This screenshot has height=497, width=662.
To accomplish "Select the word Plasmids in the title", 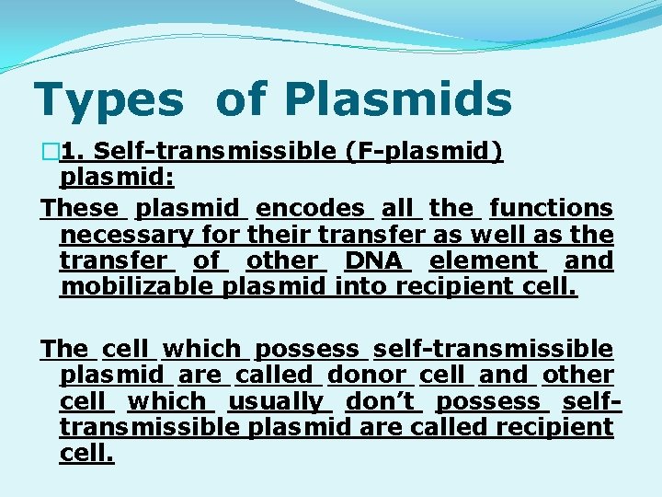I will (x=397, y=100).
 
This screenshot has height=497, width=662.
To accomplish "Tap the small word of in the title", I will (x=246, y=100).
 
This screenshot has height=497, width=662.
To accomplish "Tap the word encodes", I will (x=311, y=209).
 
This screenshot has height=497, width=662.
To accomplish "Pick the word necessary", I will (x=127, y=235).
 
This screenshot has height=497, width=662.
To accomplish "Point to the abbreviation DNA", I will (x=373, y=260).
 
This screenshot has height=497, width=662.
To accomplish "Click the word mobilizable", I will (x=139, y=286).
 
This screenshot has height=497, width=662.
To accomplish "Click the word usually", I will (x=276, y=401).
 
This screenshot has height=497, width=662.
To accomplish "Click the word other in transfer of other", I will (x=281, y=260).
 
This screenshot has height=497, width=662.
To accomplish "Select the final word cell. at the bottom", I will (x=86, y=453).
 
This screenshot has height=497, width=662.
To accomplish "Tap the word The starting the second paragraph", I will (x=64, y=349).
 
